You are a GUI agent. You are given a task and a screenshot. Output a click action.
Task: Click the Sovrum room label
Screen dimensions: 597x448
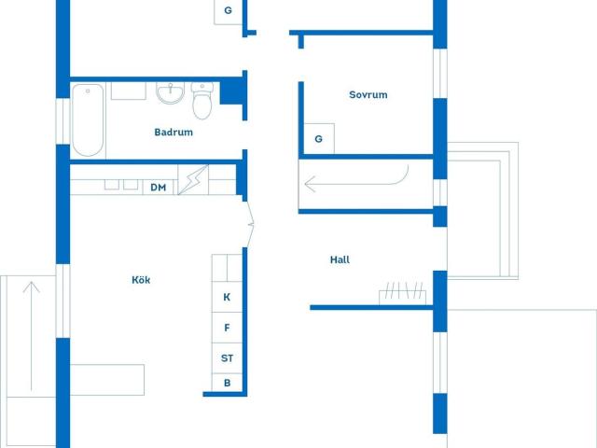pos(368,94)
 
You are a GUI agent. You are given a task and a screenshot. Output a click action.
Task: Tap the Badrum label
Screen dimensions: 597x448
pos(174,133)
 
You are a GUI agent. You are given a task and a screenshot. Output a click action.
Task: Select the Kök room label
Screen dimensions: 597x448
pos(141,280)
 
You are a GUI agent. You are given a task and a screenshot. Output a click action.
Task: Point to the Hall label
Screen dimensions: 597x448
pos(340,259)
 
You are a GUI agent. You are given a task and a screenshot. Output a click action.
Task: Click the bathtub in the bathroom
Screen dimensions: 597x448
pos(88,120)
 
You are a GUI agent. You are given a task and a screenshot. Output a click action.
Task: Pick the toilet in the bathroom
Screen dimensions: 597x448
pos(202,101)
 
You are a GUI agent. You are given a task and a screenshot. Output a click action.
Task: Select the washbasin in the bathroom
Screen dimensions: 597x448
pos(170,93)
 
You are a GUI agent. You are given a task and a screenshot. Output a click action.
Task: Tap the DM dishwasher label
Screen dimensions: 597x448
pos(158,188)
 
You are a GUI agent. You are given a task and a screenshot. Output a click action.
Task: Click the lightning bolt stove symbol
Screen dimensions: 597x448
pos(193,180)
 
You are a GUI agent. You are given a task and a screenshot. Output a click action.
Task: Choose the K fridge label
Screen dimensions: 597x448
pos(227,297)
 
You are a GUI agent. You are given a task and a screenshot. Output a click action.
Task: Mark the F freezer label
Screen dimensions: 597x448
pos(227,328)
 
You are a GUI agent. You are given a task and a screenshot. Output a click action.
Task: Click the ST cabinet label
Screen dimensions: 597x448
pos(227,358)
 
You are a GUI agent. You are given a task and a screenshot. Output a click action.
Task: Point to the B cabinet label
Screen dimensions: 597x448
pos(227,383)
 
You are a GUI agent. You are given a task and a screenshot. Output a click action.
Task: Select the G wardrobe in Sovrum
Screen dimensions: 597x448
pos(319,139)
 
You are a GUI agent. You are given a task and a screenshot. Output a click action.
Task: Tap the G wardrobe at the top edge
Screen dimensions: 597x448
pos(229,11)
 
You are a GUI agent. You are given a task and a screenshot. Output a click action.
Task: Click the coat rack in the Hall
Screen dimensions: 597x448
pos(402,292)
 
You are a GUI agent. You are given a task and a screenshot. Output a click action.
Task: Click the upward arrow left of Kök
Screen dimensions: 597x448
pos(31,336)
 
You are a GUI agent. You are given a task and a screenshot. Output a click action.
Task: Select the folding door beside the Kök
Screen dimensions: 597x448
pos(249,224)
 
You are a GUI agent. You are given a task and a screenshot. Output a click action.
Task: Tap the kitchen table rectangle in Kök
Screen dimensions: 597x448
pos(107,380)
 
